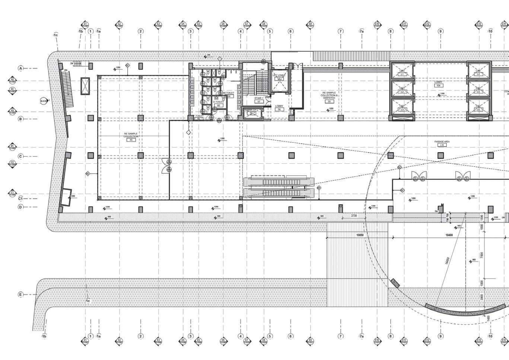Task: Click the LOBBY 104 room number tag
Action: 439,86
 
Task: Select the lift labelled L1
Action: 402,74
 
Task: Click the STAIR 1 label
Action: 259,98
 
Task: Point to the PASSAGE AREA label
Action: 442,142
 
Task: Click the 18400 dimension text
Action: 449,235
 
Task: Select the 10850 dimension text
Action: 360,235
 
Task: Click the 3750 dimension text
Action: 353,216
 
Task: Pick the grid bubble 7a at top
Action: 362,31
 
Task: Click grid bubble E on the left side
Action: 20,294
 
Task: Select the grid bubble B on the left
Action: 20,119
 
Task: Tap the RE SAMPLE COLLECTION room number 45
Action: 131,140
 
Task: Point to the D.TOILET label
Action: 218,102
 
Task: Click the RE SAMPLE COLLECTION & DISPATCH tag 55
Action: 329,101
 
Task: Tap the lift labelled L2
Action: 402,92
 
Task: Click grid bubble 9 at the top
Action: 440,31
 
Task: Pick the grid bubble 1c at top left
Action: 56,35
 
